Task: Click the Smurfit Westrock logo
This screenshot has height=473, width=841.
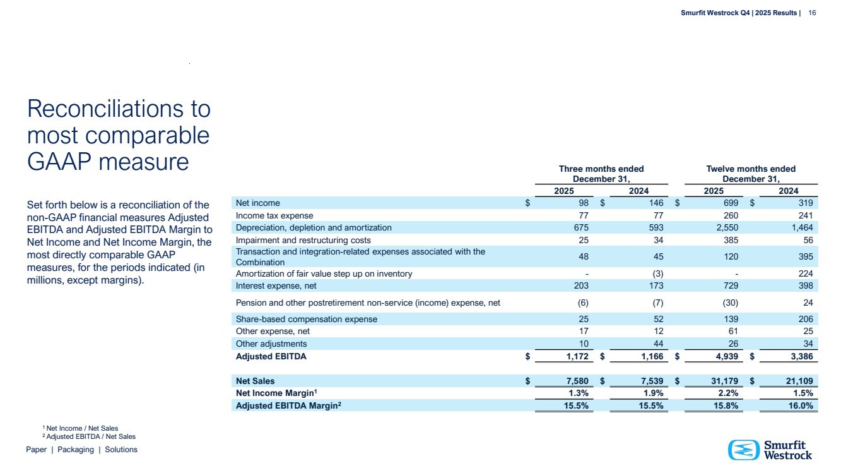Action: point(770,450)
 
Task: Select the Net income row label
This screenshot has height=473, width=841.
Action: point(257,203)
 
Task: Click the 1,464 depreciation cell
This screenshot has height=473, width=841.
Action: point(800,227)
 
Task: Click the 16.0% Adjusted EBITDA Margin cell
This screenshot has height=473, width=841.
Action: point(798,405)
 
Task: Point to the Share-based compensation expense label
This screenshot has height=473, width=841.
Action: point(306,319)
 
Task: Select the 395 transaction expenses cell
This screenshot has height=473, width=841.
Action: point(804,257)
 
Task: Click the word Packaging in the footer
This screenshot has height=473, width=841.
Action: point(75,450)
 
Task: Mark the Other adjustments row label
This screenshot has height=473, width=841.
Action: point(271,344)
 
